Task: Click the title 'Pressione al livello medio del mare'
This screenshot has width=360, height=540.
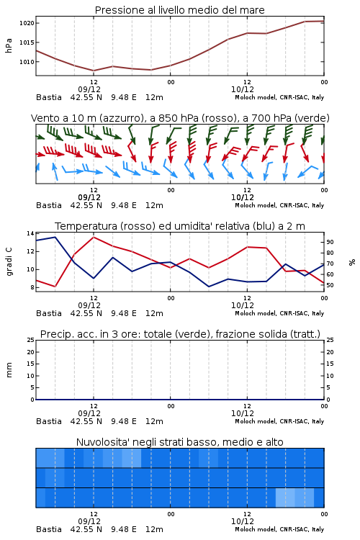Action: click(179, 10)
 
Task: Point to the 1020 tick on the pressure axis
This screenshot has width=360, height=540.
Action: click(27, 24)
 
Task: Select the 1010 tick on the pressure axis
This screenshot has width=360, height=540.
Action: click(27, 62)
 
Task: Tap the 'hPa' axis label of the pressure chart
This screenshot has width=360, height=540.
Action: click(9, 45)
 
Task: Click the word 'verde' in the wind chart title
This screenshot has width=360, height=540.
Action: click(310, 118)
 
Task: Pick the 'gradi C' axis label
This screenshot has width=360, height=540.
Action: click(9, 262)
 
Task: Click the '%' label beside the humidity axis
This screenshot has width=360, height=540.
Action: click(352, 262)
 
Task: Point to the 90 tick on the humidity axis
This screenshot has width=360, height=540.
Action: click(330, 242)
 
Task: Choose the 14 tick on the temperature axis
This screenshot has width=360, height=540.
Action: click(30, 233)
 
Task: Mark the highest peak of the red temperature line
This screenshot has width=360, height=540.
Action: click(94, 237)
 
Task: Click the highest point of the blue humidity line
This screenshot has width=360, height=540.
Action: click(55, 237)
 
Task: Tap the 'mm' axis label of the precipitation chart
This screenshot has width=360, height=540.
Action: click(9, 370)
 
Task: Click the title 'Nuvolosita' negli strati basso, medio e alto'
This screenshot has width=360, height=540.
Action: click(179, 442)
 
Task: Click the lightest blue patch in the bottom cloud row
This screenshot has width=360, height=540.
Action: click(295, 498)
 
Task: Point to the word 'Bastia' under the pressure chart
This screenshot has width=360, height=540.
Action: click(49, 97)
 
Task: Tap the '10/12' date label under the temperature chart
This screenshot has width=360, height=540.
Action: click(243, 305)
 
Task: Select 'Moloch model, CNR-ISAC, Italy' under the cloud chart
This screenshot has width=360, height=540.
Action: click(279, 529)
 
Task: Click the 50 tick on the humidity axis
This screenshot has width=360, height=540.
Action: click(330, 286)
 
